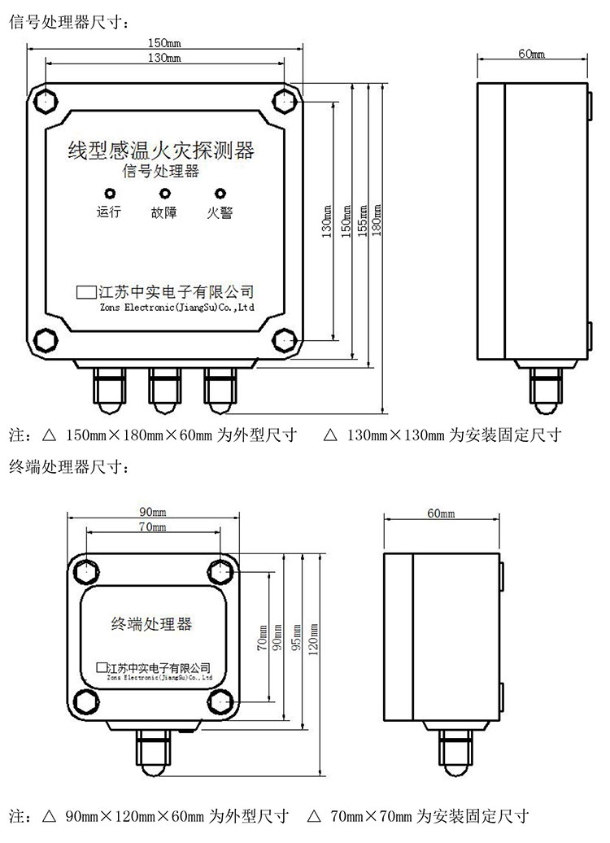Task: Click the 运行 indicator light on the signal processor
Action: [x=110, y=194]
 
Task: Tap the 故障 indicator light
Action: [x=165, y=194]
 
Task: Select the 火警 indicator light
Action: [x=220, y=194]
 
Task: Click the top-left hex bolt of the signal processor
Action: [x=46, y=101]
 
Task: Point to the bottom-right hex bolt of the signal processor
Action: [x=284, y=340]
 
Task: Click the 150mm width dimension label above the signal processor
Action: [x=164, y=43]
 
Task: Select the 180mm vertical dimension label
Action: [x=377, y=221]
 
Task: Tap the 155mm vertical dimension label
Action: [x=363, y=221]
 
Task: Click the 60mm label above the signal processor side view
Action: [x=532, y=54]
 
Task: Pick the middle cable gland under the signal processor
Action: [x=164, y=390]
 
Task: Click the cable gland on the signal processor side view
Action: [x=546, y=390]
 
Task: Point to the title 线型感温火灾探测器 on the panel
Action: [x=161, y=150]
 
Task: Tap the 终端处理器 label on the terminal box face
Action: [x=151, y=623]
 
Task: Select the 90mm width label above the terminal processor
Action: [x=153, y=512]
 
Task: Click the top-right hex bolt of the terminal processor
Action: [x=220, y=571]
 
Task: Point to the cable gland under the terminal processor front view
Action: [x=153, y=753]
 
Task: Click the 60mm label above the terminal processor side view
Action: [x=442, y=513]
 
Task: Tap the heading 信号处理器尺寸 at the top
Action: [x=69, y=22]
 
